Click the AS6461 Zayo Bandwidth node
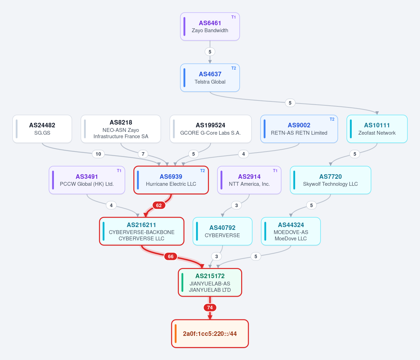click(210, 26)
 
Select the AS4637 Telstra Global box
click(210, 78)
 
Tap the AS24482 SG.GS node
click(42, 129)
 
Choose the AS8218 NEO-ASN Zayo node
click(121, 129)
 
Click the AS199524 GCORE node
click(210, 129)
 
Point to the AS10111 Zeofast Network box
click(377, 129)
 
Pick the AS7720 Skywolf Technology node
click(330, 180)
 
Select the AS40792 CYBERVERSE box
click(223, 231)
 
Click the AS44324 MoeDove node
click(291, 231)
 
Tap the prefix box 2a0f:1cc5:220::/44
click(210, 334)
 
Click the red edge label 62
click(159, 205)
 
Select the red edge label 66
click(170, 256)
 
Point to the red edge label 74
click(210, 308)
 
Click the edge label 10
click(98, 154)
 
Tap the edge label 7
click(143, 154)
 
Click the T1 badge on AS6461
click(233, 17)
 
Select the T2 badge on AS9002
click(332, 119)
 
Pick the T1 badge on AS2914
click(275, 171)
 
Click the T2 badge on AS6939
click(202, 171)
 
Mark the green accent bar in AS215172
click(182, 282)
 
